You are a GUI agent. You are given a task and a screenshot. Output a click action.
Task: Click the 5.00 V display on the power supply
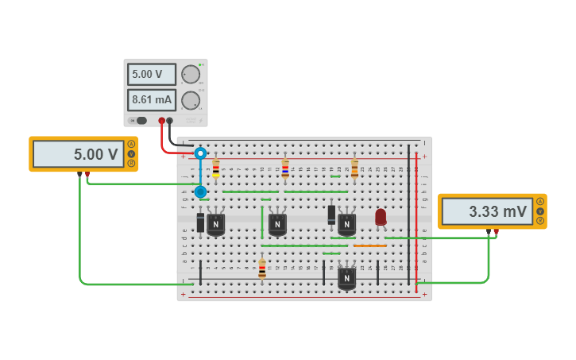click(152, 74)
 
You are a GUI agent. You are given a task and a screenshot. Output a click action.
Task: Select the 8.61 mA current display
click(152, 100)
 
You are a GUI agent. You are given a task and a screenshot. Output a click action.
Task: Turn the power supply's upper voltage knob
click(191, 74)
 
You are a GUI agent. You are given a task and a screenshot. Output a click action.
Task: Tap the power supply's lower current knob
click(191, 100)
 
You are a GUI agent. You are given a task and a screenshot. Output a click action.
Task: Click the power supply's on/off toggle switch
click(140, 121)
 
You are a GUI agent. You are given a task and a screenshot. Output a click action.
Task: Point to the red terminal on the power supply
click(161, 121)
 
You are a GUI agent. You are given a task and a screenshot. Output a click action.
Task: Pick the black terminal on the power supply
click(169, 121)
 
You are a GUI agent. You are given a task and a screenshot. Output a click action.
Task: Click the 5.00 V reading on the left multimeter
click(79, 154)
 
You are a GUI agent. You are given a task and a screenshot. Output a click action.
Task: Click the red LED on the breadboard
click(381, 216)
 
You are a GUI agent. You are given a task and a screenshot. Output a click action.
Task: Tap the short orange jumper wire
click(369, 246)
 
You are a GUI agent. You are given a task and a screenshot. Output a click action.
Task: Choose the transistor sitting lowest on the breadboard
click(346, 278)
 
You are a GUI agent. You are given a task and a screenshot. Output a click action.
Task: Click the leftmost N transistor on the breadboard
click(215, 224)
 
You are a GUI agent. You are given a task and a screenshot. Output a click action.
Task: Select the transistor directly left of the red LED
click(346, 224)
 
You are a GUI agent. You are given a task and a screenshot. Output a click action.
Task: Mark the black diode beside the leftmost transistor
click(200, 223)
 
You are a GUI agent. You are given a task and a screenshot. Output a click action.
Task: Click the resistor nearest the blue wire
click(216, 168)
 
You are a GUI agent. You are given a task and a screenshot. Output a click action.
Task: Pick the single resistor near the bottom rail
click(262, 269)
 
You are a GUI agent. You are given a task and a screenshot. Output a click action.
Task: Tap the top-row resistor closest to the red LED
click(354, 168)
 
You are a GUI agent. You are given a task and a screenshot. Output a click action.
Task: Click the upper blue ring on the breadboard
click(200, 153)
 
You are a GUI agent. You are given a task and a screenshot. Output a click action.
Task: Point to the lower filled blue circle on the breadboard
click(200, 192)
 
